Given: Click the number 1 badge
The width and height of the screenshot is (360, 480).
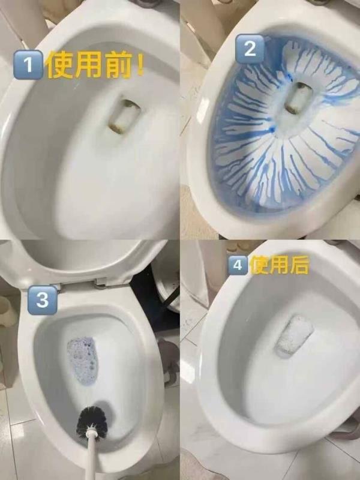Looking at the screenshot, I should [28, 65].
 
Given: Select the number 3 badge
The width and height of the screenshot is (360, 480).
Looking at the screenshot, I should [42, 299].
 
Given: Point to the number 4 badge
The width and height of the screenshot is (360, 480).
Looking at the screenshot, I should [239, 264].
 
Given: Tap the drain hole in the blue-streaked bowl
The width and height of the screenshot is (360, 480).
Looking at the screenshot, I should [295, 98].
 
